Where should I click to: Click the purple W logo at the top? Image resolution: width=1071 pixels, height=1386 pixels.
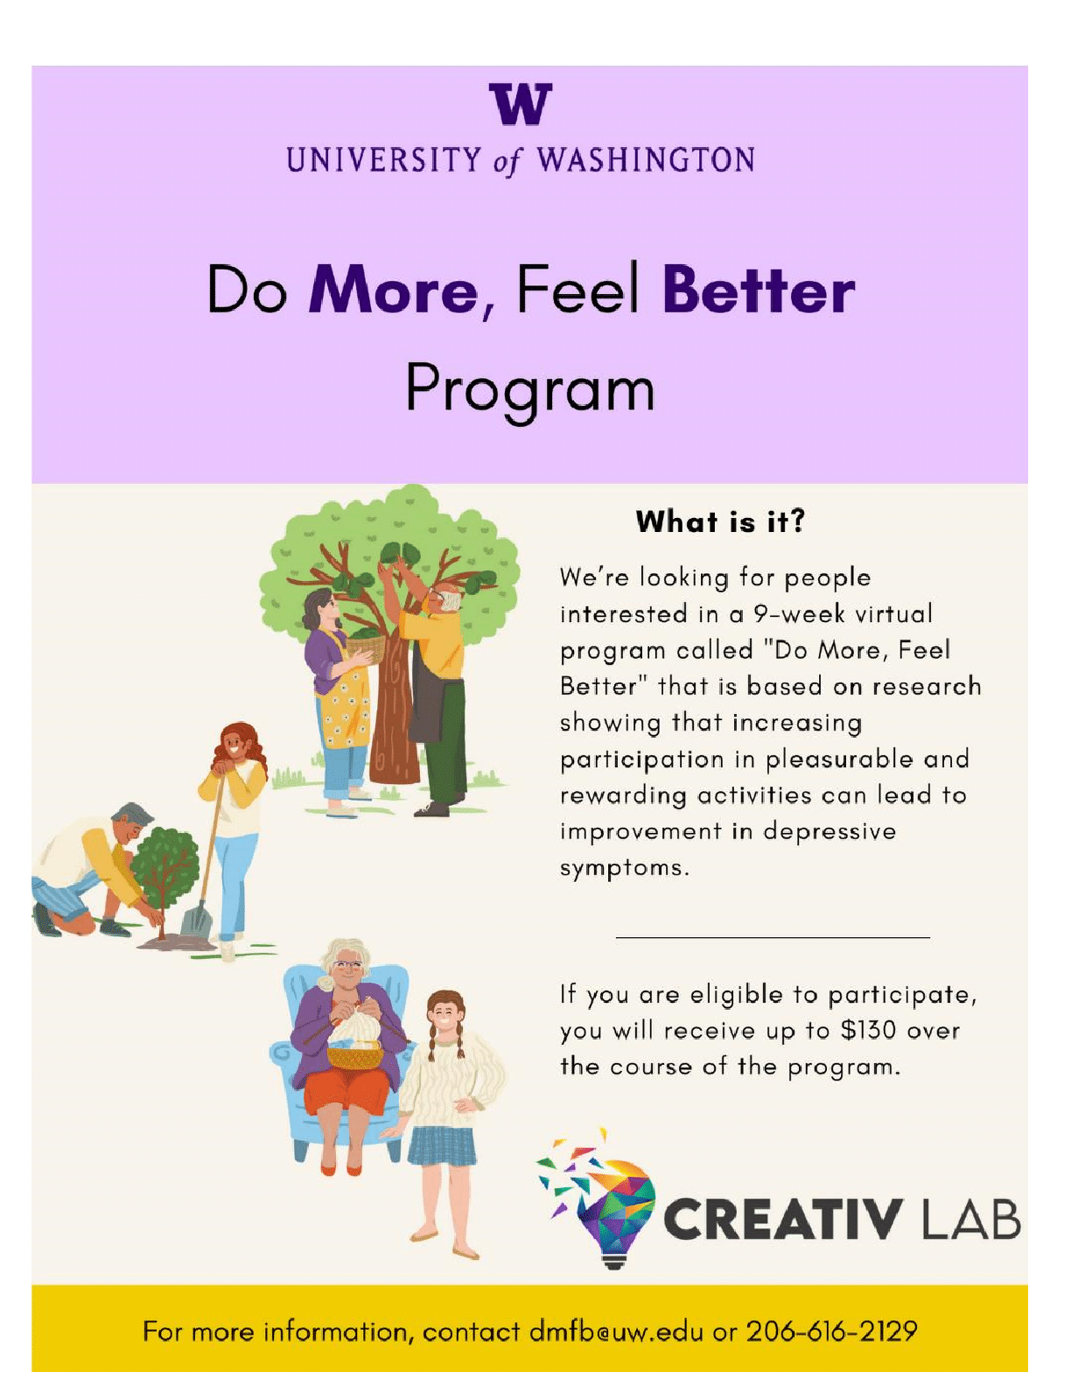tap(520, 104)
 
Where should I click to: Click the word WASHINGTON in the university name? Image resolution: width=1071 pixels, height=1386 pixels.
tap(646, 159)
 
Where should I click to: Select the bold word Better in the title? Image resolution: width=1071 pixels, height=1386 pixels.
tap(759, 290)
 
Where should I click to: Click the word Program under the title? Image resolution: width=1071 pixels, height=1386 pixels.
tap(530, 389)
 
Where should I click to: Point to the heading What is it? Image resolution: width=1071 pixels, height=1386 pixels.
tap(720, 521)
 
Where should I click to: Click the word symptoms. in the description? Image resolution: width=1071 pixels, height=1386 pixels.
tap(625, 869)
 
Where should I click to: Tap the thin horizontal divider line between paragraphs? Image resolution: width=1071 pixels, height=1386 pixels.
tap(772, 938)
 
